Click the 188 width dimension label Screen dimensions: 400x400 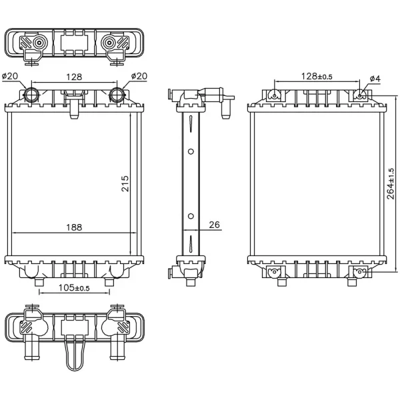(x=74, y=227)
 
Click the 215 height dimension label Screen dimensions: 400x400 (x=125, y=184)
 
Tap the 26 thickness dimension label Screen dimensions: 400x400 (x=214, y=225)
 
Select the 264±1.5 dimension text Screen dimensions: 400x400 (x=391, y=184)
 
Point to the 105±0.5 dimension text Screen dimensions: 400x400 (x=74, y=288)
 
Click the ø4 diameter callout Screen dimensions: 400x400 (x=375, y=79)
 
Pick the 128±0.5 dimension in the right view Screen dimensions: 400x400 (x=317, y=76)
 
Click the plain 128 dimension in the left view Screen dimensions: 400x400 (x=74, y=77)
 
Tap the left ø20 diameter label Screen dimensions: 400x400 (x=10, y=76)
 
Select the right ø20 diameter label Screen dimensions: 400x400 (x=139, y=76)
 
